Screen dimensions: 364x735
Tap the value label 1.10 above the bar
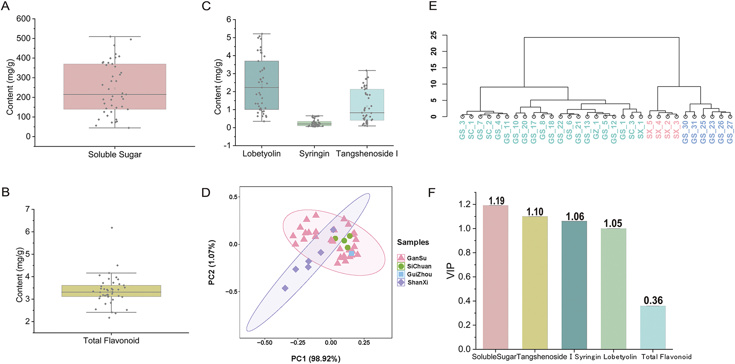535,212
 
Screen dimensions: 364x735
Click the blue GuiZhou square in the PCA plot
351,254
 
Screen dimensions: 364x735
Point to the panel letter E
433,6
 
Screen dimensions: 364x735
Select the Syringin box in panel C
314,124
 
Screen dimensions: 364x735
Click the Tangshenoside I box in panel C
367,105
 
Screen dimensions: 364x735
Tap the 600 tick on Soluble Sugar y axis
23,19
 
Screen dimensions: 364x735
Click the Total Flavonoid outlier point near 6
112,228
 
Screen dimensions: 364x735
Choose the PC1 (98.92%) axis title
316,359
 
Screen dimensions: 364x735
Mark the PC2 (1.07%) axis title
212,262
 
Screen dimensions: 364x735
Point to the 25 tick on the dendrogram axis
434,35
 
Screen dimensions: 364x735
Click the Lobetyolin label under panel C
262,154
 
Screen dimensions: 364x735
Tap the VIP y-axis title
451,271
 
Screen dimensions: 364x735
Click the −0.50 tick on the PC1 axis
265,342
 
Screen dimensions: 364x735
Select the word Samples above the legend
413,242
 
